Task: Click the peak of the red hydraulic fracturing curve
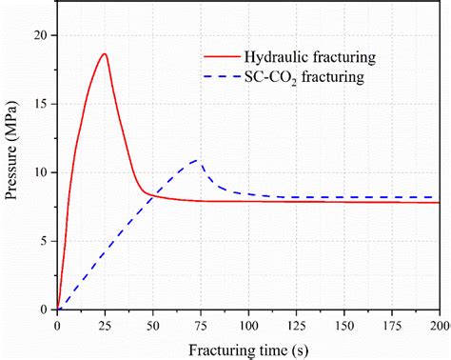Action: pos(105,54)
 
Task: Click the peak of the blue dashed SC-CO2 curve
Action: pos(196,160)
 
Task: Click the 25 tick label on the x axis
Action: pos(105,324)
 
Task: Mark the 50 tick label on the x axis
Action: pos(152,324)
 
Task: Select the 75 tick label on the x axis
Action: pos(200,324)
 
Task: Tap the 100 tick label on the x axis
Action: pos(248,324)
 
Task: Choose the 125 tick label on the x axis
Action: pos(296,324)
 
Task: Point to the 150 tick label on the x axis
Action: pos(343,324)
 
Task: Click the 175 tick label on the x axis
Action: pos(391,324)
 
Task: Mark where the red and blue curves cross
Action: pos(154,194)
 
